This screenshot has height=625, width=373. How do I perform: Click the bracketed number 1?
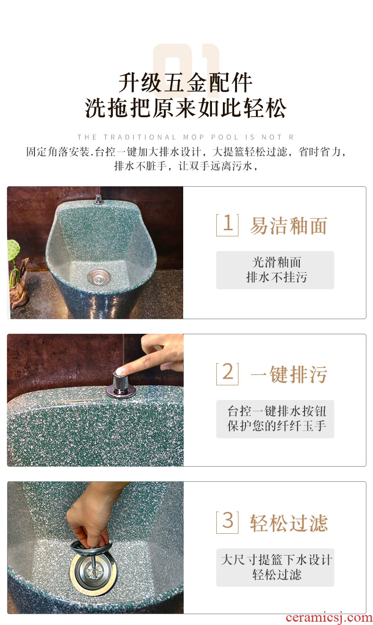coord(227,225)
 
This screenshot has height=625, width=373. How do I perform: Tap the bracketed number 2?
coord(227,373)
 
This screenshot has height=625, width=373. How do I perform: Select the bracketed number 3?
coord(227,522)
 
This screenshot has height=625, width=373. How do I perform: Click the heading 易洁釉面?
coord(288,226)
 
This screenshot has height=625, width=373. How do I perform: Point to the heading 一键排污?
coord(289,374)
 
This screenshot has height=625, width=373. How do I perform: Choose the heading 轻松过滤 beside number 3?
coord(288,523)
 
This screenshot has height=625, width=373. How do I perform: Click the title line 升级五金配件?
coord(185,83)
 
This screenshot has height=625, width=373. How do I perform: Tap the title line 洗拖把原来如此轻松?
coord(186,108)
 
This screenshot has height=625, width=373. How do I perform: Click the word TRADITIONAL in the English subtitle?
coord(140,137)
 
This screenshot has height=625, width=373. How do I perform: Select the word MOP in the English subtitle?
coord(194,137)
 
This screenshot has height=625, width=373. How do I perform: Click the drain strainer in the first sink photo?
coord(98,276)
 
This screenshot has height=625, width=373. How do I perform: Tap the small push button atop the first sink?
coord(98,199)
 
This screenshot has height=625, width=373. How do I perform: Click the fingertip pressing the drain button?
coord(120,371)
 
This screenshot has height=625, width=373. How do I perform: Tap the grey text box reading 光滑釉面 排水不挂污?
coord(275,270)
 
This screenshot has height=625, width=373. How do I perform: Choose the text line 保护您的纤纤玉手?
coord(277,426)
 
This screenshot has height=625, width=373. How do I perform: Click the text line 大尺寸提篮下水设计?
coord(276,560)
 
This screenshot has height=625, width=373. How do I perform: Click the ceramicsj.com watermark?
coord(329,618)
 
